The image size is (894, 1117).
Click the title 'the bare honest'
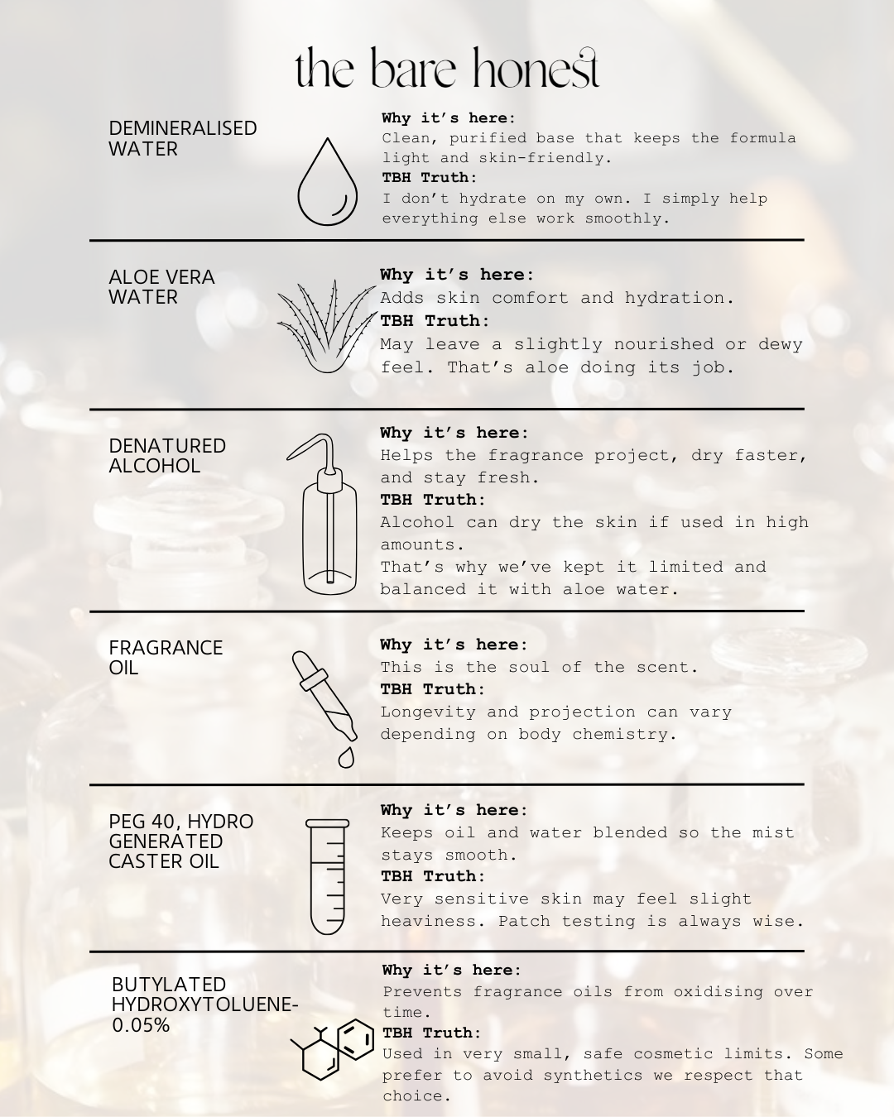coord(447,68)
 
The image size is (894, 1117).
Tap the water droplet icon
coord(327,181)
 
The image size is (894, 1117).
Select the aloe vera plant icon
coord(327,327)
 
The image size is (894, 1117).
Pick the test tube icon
coord(327,877)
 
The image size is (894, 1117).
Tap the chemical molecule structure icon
coord(332,1049)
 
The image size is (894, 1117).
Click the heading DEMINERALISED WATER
coord(183,138)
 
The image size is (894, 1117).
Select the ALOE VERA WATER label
coord(161,286)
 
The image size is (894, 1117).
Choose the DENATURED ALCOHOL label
coord(167,455)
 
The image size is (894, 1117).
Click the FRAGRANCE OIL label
coord(166,657)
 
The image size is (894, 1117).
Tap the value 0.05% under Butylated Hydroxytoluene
coord(141,1024)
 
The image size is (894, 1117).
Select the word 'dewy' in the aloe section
coord(781,345)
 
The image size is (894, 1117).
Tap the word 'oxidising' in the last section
coord(718,992)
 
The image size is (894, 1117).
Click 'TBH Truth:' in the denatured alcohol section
coord(433,499)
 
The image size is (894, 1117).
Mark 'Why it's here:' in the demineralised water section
coord(449,117)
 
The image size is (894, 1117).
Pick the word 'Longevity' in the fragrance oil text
coord(428,712)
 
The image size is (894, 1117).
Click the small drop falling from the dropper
coord(346,758)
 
